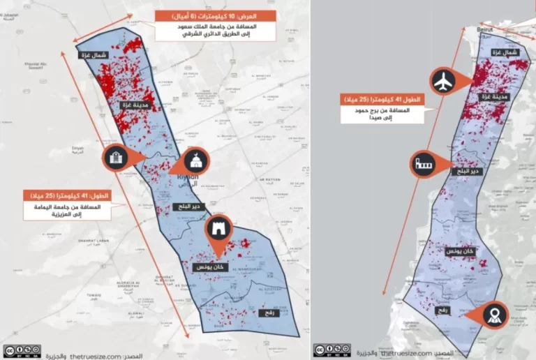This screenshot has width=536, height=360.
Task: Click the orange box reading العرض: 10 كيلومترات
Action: (214, 16)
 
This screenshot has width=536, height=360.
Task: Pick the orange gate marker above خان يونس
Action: (218, 230)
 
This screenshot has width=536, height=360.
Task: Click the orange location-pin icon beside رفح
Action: (495, 315)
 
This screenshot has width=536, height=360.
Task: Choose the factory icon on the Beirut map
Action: (424, 165)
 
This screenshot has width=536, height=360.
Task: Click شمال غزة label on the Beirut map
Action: (504, 52)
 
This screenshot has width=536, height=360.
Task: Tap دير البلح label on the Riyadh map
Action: (187, 207)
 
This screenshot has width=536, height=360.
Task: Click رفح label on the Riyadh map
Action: (269, 313)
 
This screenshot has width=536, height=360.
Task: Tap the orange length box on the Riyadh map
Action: (66, 195)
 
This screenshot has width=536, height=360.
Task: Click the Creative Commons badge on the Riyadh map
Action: (21, 350)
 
